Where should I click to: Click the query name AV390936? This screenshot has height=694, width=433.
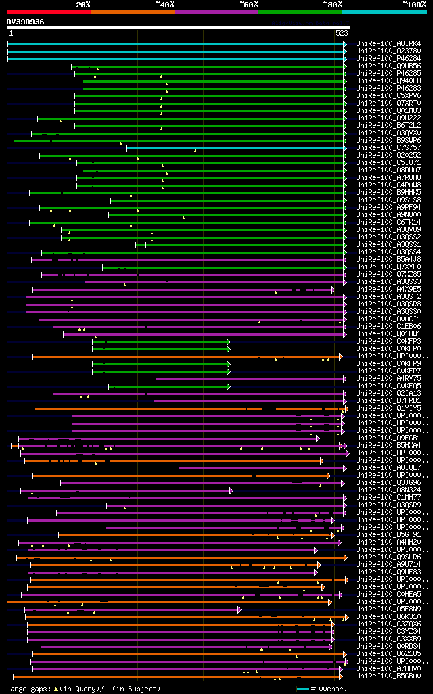click(x=26, y=22)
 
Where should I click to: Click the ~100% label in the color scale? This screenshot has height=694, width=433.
click(x=414, y=4)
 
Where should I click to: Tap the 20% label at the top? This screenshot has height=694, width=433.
click(x=83, y=4)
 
